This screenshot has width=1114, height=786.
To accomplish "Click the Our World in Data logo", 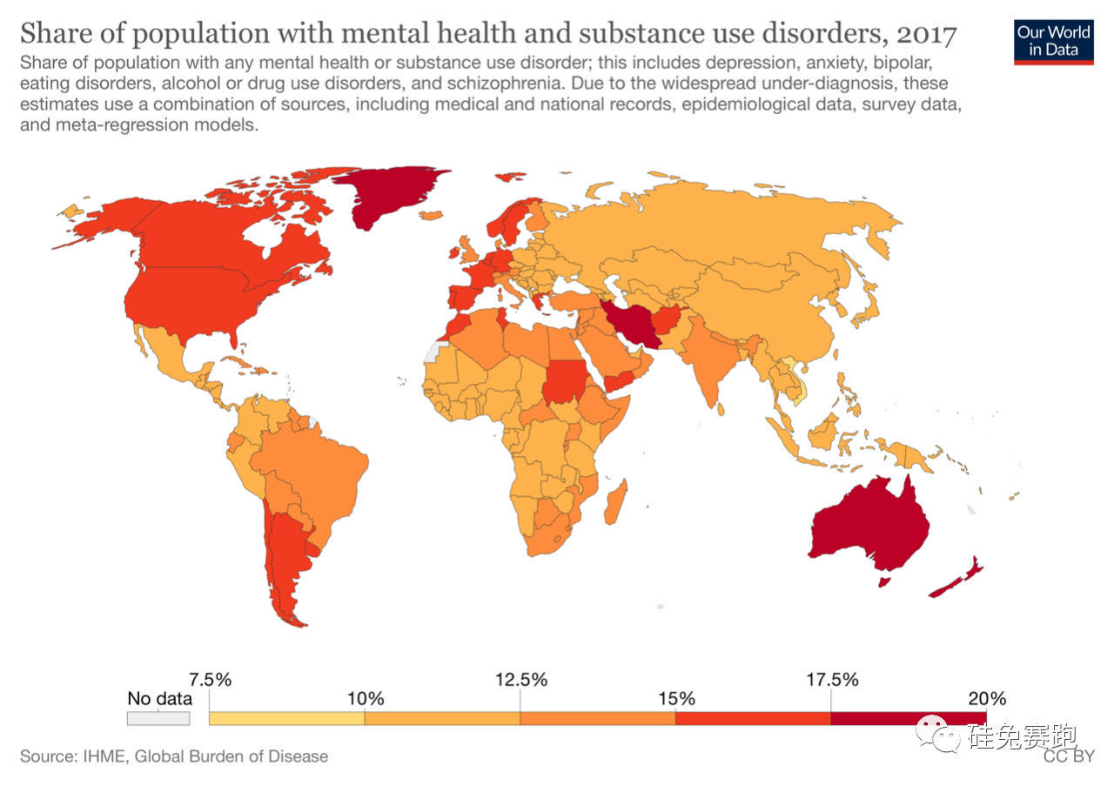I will (1053, 40).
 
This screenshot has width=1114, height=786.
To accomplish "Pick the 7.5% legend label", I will (210, 679).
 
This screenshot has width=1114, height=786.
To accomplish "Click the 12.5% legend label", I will (520, 679).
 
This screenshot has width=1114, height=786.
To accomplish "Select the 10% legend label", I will (366, 699).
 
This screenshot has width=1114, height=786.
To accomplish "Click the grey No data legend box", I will (158, 718).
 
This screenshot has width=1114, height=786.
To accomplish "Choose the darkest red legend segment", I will (909, 718).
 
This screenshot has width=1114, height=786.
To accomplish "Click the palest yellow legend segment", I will (287, 718).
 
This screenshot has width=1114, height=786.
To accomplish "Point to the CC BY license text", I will (1069, 756).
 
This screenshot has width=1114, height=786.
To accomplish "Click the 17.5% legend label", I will (831, 679).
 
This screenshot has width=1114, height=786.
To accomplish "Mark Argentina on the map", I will (287, 557).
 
